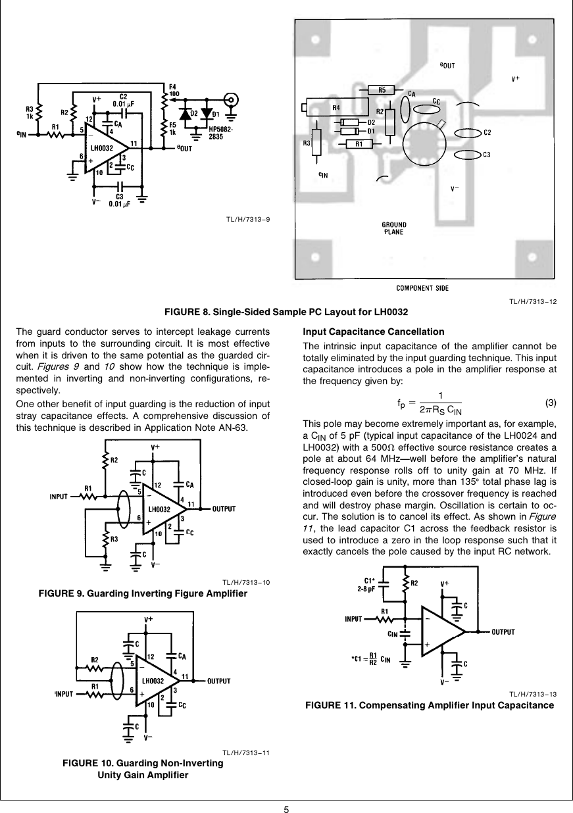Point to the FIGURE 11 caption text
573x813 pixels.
[430, 706]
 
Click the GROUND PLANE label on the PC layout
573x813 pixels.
[393, 228]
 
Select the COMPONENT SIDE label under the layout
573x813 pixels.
[423, 287]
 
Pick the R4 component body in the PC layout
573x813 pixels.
[335, 107]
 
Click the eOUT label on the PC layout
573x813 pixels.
[447, 66]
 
